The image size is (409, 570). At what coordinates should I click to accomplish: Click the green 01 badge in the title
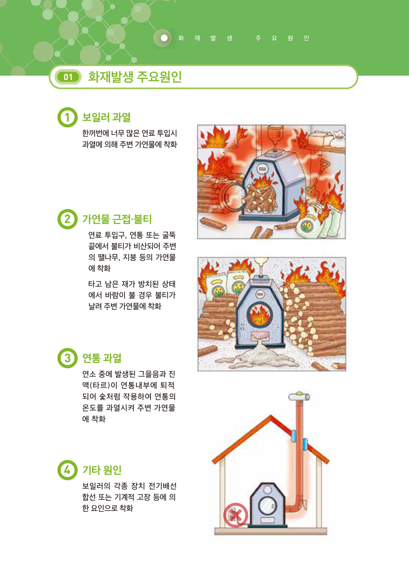coord(68,77)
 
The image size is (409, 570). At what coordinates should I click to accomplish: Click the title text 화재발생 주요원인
coord(135,76)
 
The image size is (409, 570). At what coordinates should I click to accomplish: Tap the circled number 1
coord(67,117)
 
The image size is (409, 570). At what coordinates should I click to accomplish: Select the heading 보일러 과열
coord(106,117)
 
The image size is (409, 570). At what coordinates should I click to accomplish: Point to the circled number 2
coord(67,219)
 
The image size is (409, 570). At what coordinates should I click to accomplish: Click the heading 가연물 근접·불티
coord(117,219)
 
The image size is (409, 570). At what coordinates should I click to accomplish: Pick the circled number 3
coord(67,358)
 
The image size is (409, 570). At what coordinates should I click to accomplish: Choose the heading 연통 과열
coord(102,358)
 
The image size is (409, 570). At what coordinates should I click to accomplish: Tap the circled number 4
coord(67,470)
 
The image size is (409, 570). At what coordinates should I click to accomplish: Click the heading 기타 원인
coord(102,470)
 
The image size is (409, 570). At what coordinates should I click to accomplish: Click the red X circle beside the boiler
coord(235,515)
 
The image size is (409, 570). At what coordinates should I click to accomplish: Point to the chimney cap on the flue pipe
coord(299,397)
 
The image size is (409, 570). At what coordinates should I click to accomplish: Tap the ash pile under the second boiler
coord(257,355)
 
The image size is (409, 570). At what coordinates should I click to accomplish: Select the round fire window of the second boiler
coord(259,314)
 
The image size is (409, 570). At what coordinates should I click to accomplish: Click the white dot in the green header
coord(164,38)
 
